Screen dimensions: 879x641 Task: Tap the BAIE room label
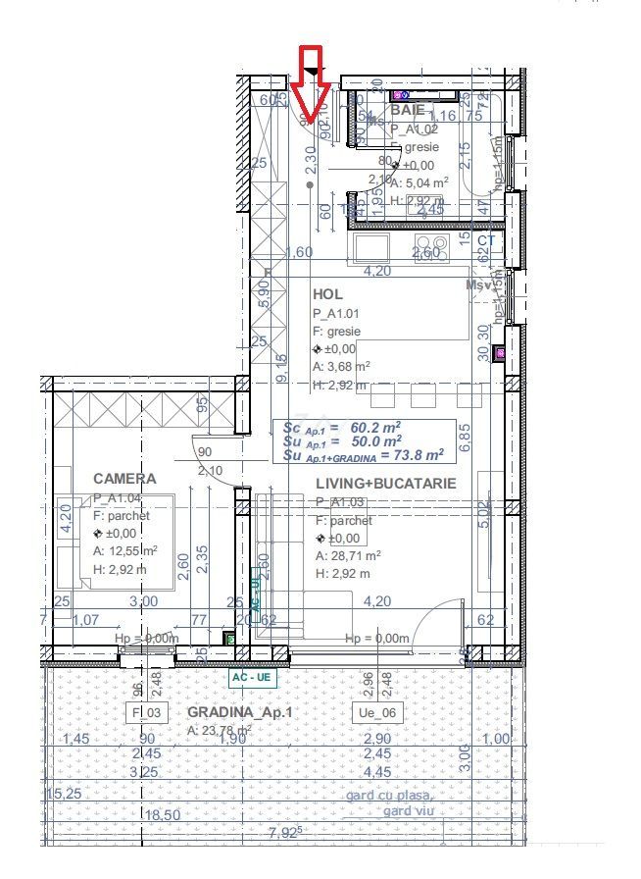pos(408,110)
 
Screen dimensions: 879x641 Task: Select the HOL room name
pos(326,294)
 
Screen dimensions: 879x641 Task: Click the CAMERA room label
pos(124,479)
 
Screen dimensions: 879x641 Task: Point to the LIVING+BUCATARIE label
pos(385,484)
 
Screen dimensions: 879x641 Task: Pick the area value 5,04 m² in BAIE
pos(425,181)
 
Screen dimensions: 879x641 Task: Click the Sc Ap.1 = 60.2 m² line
pos(341,428)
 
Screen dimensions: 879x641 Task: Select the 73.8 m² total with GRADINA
pos(412,454)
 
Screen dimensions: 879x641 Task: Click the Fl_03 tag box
pos(145,711)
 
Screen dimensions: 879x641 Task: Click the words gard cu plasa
pos(388,795)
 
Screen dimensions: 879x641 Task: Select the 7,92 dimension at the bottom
pos(285,835)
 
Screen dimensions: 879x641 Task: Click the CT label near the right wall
pos(487,239)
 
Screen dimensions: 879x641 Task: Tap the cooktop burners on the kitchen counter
pos(432,243)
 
